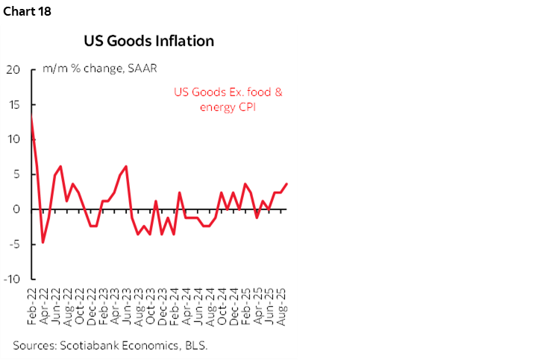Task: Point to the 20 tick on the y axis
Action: [12, 69]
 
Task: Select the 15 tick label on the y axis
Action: [13, 104]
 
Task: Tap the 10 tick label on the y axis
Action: [13, 139]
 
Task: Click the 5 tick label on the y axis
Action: [16, 174]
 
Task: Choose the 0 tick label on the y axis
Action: [16, 209]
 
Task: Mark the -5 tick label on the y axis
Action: [13, 244]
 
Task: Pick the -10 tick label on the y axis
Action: [11, 280]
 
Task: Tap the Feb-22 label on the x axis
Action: [32, 306]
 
